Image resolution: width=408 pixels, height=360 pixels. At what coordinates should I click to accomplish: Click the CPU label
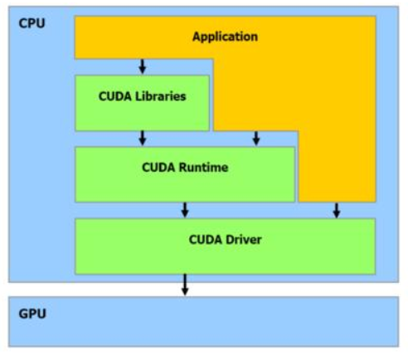click(x=32, y=22)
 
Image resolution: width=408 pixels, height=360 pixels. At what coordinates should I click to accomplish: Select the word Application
click(x=225, y=36)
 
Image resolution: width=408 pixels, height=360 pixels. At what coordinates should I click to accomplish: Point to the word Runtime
click(x=202, y=168)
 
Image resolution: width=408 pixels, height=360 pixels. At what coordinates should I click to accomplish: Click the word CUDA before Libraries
click(x=115, y=96)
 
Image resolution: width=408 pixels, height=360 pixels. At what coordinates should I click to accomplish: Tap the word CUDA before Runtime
click(x=158, y=168)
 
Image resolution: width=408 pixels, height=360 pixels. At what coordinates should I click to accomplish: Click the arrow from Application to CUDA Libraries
click(x=143, y=66)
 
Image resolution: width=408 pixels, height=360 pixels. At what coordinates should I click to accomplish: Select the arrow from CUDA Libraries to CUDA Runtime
click(x=143, y=138)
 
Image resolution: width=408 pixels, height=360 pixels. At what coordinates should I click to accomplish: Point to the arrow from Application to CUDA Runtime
click(x=255, y=138)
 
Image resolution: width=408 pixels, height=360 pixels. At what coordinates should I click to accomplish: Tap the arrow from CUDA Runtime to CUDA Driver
click(x=185, y=210)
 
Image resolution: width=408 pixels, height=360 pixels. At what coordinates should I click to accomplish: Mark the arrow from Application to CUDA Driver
click(x=336, y=210)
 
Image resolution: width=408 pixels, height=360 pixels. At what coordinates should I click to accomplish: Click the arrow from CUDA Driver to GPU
click(x=185, y=285)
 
